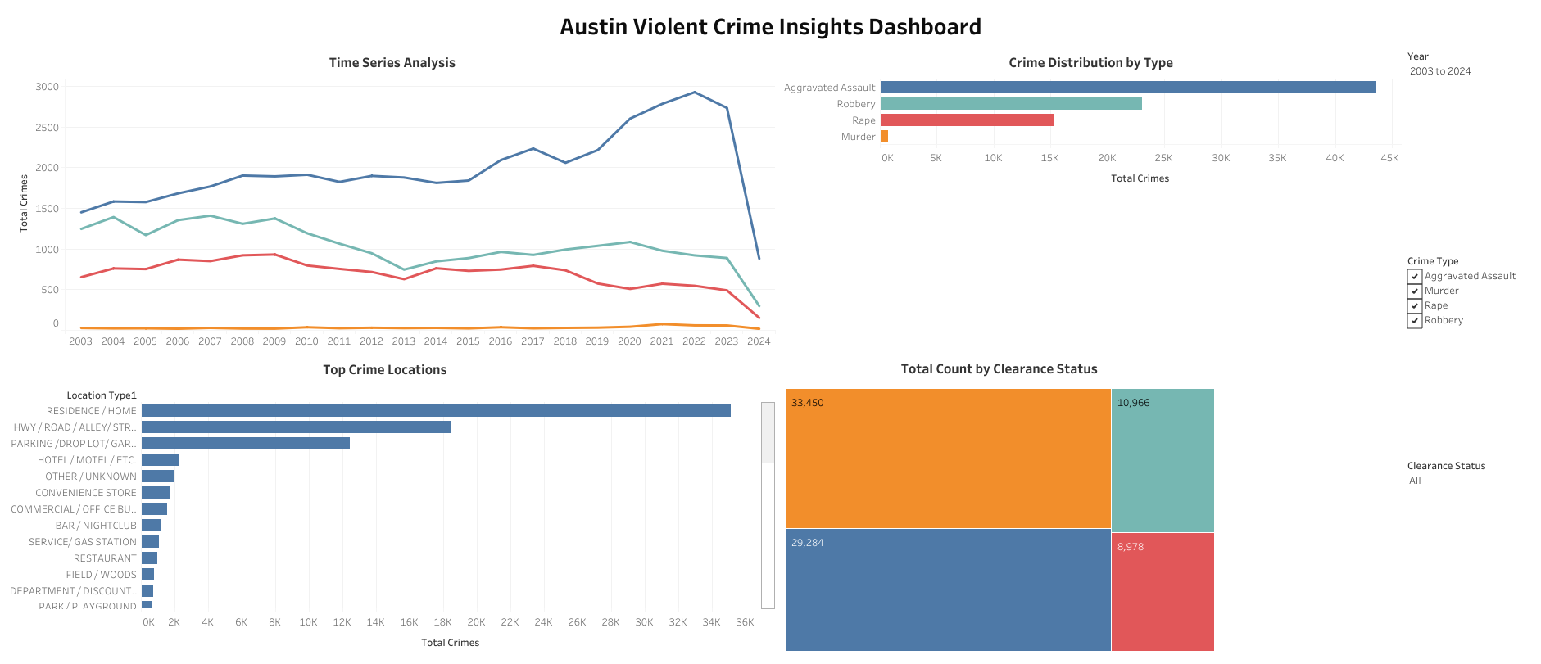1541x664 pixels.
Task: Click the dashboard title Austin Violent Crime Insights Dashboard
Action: [x=770, y=27]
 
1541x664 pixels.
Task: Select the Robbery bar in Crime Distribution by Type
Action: [x=1010, y=104]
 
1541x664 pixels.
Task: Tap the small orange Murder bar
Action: [x=884, y=137]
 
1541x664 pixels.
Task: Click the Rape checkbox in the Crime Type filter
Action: [x=1415, y=306]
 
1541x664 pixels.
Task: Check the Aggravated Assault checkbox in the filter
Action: [x=1415, y=277]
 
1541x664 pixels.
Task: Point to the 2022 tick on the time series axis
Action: [x=694, y=341]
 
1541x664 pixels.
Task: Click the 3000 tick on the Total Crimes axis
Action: [x=47, y=87]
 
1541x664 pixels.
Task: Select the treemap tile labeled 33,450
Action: [x=947, y=458]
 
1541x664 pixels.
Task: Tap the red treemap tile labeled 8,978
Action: [x=1162, y=591]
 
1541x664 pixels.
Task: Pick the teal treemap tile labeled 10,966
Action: [x=1162, y=460]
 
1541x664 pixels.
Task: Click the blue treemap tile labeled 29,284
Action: [x=947, y=589]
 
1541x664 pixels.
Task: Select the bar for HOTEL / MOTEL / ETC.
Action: [x=161, y=460]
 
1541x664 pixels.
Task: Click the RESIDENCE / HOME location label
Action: [x=91, y=411]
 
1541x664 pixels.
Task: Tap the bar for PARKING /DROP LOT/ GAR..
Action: [x=246, y=444]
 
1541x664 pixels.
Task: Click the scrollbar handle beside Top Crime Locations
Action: [x=768, y=432]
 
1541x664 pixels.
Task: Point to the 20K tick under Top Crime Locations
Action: [x=476, y=622]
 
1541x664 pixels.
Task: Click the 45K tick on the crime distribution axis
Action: [x=1389, y=158]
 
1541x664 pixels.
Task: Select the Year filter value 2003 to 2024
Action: [x=1439, y=71]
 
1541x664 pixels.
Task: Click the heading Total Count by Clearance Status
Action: [x=999, y=369]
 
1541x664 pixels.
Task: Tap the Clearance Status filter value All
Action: [x=1415, y=481]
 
